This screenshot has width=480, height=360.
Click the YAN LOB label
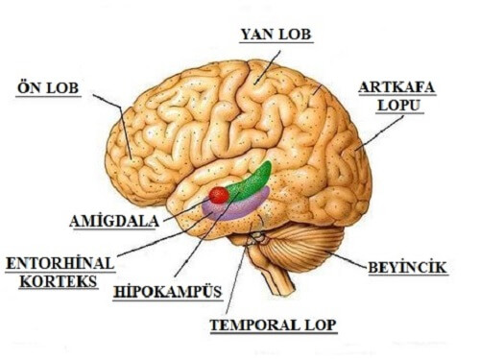276,36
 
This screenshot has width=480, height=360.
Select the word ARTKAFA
396,87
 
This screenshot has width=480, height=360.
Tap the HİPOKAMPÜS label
168,291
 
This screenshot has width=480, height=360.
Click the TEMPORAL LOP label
274,324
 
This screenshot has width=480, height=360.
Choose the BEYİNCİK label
407,267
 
